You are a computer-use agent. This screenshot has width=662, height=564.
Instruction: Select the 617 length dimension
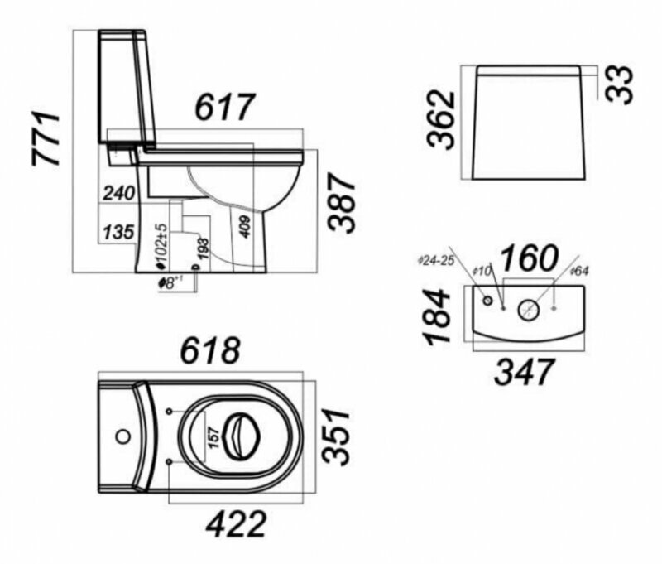224,107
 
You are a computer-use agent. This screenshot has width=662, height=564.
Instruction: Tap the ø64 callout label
580,271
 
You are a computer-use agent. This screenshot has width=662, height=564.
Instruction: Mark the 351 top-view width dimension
337,438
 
